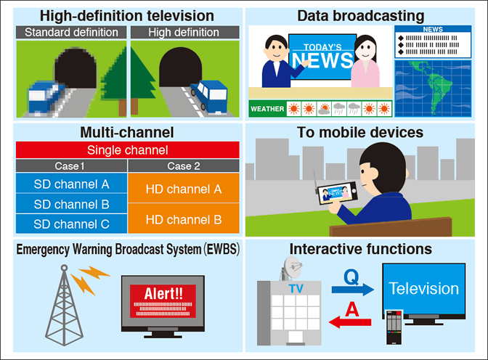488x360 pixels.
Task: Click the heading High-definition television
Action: (x=127, y=15)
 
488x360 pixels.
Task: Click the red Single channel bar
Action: (x=127, y=150)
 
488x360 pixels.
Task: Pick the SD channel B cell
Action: (x=71, y=204)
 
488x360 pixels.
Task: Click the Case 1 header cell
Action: (x=71, y=165)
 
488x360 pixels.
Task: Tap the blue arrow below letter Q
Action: (x=352, y=290)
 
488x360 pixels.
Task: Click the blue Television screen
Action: (x=423, y=288)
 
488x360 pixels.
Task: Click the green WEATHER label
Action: (x=266, y=110)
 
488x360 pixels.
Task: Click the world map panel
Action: (x=433, y=88)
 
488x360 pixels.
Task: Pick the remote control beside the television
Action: (x=393, y=327)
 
